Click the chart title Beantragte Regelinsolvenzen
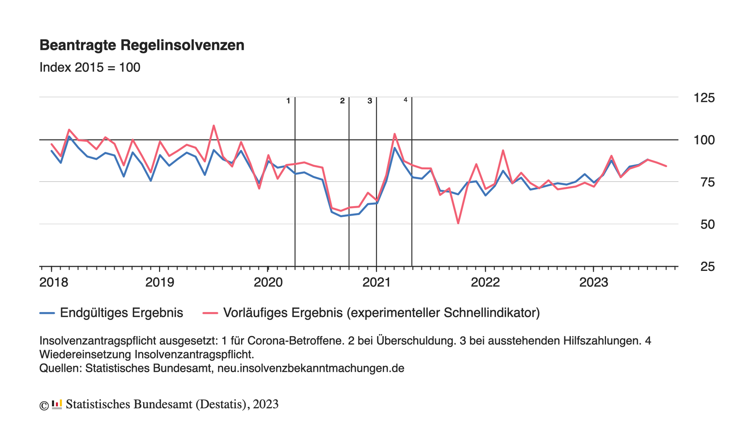142,45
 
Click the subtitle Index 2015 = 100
90,68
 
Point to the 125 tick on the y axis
704,98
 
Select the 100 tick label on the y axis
704,140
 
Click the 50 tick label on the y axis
707,225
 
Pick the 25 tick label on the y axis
708,267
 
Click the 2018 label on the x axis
54,282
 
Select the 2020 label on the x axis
268,282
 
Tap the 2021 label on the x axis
377,282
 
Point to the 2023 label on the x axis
593,282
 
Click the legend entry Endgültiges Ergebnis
121,313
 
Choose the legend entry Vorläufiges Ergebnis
381,313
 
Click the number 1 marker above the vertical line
288,101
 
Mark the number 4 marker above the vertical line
406,100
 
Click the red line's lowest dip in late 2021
458,223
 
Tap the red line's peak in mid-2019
214,126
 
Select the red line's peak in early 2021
394,134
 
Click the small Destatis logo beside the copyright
57,404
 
